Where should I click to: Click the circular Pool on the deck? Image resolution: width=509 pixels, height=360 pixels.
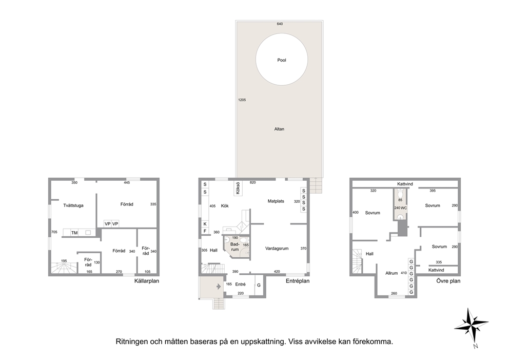pyautogui.click(x=282, y=60)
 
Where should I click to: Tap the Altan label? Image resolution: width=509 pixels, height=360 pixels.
pyautogui.click(x=279, y=129)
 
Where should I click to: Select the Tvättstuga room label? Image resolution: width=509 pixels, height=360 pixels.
pyautogui.click(x=73, y=205)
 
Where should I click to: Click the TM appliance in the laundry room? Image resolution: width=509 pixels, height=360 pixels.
pyautogui.click(x=74, y=233)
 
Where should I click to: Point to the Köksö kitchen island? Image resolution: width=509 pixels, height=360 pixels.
pyautogui.click(x=238, y=188)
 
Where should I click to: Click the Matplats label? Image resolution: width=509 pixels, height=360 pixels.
pyautogui.click(x=276, y=201)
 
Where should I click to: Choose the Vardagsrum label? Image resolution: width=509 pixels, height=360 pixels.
pyautogui.click(x=277, y=249)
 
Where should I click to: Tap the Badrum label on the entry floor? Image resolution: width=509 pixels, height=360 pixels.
pyautogui.click(x=234, y=247)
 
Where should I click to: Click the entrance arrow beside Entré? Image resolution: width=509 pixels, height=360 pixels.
pyautogui.click(x=219, y=286)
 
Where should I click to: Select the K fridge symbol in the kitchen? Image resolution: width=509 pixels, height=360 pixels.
pyautogui.click(x=205, y=224)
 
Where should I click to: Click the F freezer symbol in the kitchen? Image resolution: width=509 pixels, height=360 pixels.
pyautogui.click(x=205, y=231)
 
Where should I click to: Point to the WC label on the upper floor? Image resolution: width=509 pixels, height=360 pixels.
pyautogui.click(x=404, y=207)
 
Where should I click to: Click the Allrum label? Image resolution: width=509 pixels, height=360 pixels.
pyautogui.click(x=391, y=273)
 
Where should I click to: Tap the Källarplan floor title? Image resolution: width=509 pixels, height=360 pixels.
pyautogui.click(x=147, y=281)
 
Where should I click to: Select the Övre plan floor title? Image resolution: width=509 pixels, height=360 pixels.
pyautogui.click(x=448, y=281)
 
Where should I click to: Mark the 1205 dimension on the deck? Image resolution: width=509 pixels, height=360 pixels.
pyautogui.click(x=242, y=100)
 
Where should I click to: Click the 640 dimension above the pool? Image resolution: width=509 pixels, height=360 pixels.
pyautogui.click(x=280, y=24)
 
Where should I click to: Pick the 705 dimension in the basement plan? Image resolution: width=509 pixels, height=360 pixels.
pyautogui.click(x=54, y=232)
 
